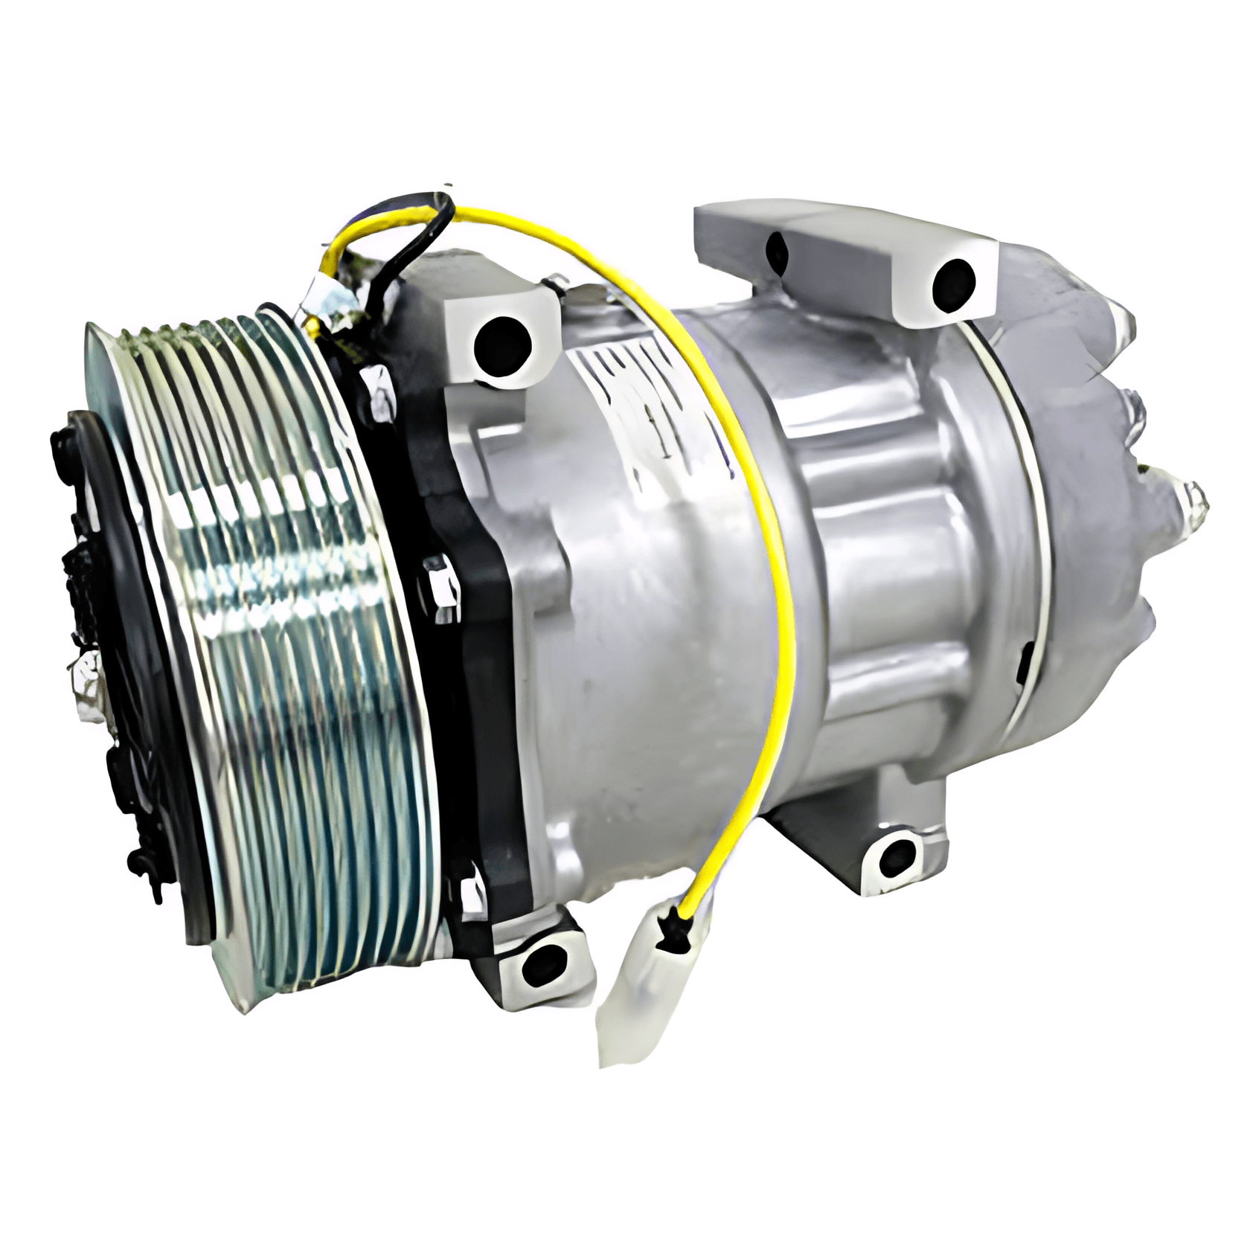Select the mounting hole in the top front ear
point(503,341)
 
